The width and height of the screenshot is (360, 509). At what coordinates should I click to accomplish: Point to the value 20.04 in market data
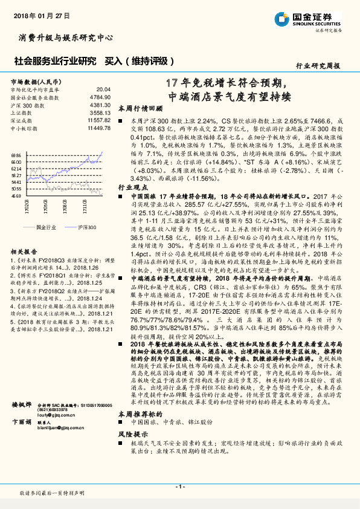pyautogui.click(x=103, y=89)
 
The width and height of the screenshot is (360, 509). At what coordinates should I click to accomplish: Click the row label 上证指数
pyautogui.click(x=21, y=112)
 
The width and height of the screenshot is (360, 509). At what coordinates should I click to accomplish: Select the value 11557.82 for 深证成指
pyautogui.click(x=99, y=120)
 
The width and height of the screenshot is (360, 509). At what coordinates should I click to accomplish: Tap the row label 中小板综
pyautogui.click(x=23, y=128)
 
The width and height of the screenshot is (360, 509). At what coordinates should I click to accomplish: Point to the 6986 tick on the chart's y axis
pyautogui.click(x=16, y=155)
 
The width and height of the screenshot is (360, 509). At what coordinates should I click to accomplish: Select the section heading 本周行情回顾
pyautogui.click(x=140, y=108)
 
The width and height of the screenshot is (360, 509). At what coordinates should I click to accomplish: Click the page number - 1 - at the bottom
pyautogui.click(x=179, y=486)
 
